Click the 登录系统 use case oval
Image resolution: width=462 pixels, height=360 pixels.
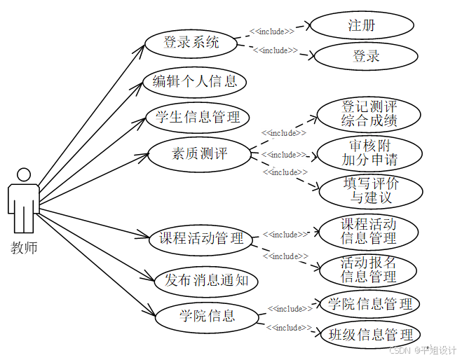point(191,43)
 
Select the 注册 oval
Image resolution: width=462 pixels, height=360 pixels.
point(361,26)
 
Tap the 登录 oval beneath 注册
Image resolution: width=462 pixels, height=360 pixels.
point(365,56)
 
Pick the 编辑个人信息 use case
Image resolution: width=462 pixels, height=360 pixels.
point(195,81)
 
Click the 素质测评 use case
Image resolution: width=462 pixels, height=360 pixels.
point(199,153)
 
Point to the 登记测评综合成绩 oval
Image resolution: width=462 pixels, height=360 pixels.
point(369,113)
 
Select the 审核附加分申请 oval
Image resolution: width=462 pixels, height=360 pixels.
point(369,153)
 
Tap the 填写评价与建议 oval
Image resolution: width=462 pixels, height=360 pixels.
point(371,191)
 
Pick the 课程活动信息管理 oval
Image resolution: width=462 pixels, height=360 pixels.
point(368,231)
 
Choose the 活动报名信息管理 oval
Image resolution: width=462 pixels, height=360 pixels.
point(368,270)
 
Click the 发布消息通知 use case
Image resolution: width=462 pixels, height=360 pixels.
point(205,282)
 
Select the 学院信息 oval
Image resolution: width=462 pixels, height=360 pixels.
point(206,316)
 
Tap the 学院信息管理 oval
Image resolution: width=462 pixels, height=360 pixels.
point(370,304)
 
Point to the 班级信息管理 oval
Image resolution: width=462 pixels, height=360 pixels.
point(372,335)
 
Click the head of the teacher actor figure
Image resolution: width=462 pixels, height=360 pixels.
point(24,175)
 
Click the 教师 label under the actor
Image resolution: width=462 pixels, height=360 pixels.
point(24,247)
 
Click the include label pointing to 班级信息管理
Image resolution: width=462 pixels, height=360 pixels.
point(289,327)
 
